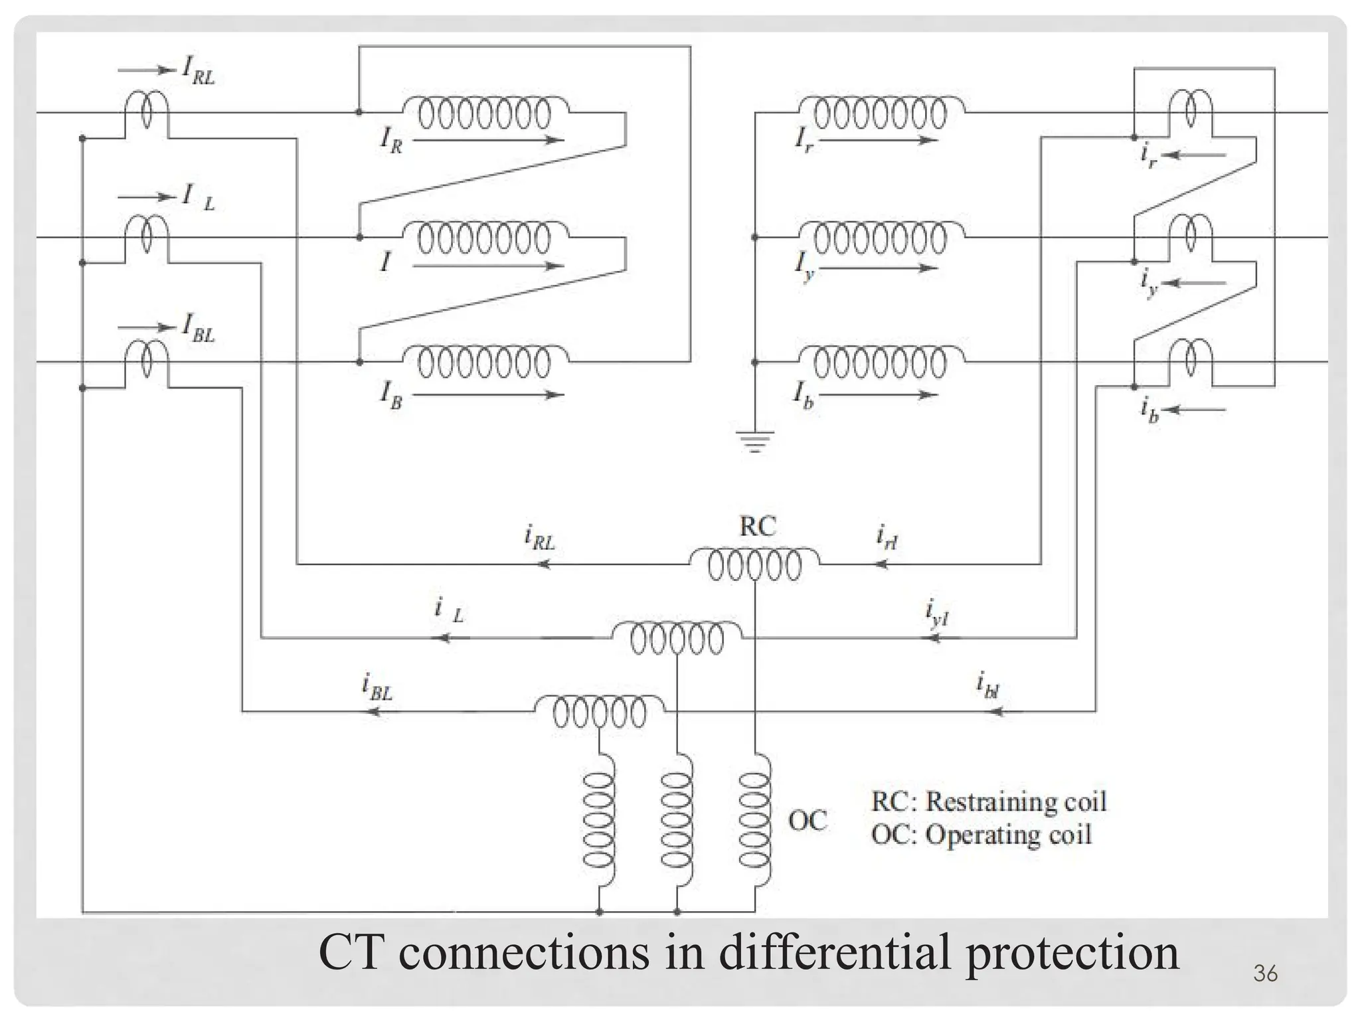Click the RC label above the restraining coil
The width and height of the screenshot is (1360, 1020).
757,527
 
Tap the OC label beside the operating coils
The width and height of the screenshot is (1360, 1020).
807,821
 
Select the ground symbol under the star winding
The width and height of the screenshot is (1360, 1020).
754,441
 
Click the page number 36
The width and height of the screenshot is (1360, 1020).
1265,974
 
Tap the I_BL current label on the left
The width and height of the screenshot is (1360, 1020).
198,329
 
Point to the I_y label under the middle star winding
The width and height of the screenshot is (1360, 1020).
804,266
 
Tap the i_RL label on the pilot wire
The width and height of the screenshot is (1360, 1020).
539,537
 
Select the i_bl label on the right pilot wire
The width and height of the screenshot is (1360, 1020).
987,685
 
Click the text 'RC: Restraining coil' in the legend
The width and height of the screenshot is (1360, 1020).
988,802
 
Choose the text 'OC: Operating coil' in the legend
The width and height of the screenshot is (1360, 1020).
981,835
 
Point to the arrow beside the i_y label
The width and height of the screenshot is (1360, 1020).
1195,283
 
